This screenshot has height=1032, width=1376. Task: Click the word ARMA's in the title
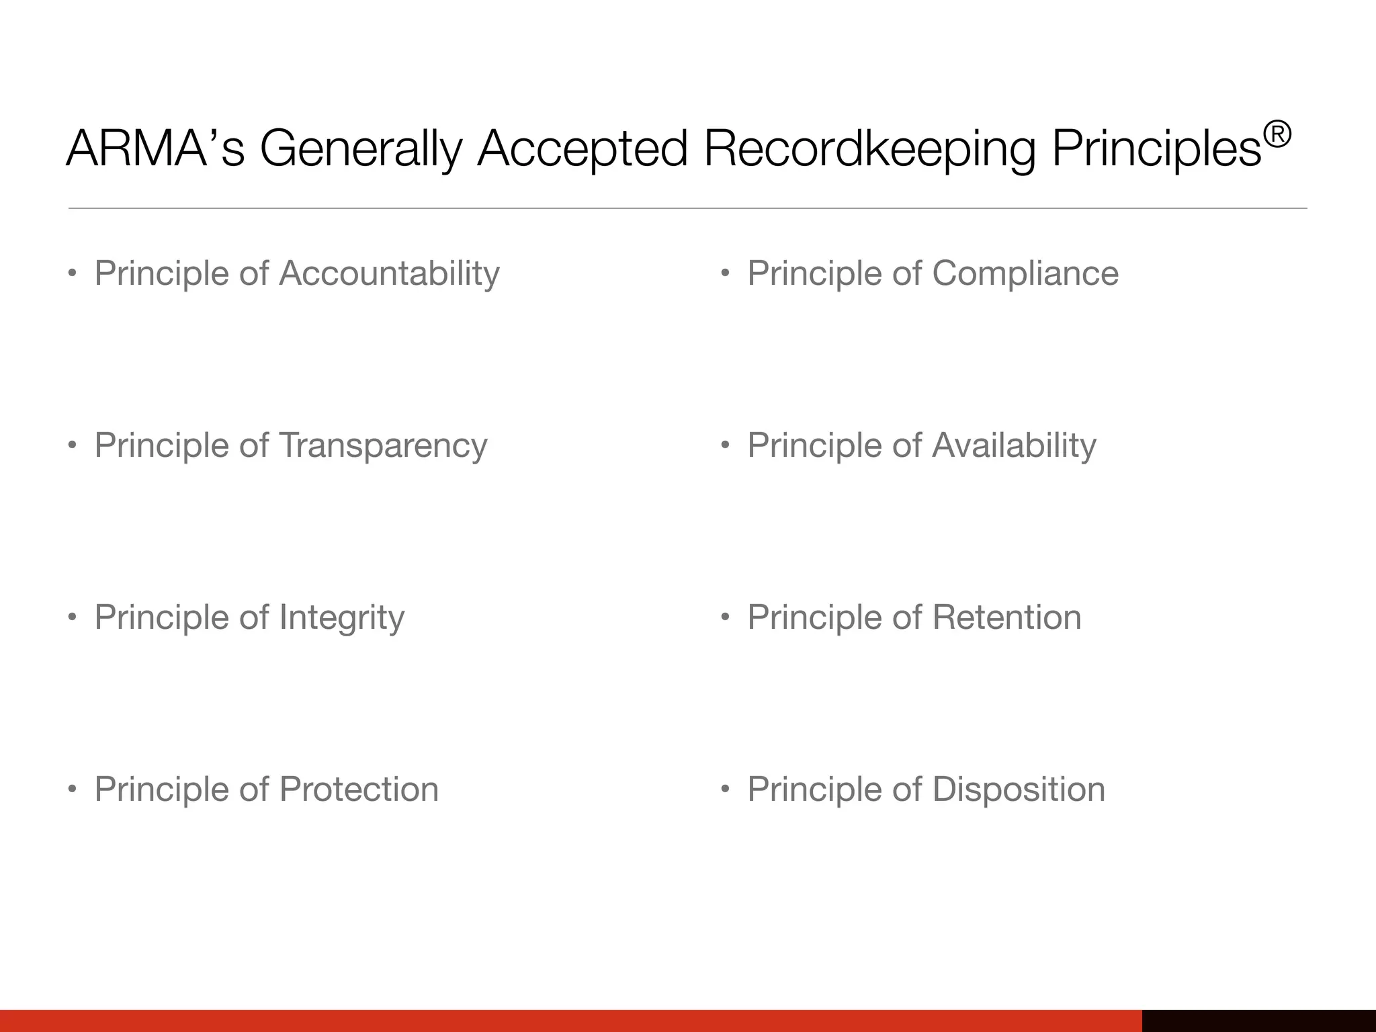point(155,148)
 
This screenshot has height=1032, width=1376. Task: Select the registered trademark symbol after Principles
point(1277,134)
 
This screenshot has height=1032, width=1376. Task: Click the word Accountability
point(389,274)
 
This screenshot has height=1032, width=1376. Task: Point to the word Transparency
point(383,446)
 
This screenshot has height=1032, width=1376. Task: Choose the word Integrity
point(342,618)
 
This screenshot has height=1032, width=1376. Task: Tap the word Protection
point(359,789)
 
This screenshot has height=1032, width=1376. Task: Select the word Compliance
point(1025,274)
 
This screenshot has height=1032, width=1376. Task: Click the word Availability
point(1015,446)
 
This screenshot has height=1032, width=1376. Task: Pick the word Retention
point(1007,617)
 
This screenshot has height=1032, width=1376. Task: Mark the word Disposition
point(1019,789)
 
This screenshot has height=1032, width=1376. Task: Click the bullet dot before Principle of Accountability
point(72,274)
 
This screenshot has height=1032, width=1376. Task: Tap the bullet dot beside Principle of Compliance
point(725,274)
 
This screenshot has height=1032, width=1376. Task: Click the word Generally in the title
point(361,149)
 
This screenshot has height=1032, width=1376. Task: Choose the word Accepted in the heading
point(583,149)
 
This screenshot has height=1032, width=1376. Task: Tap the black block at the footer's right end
point(1258,1021)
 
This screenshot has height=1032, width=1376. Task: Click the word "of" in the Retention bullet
point(907,617)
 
